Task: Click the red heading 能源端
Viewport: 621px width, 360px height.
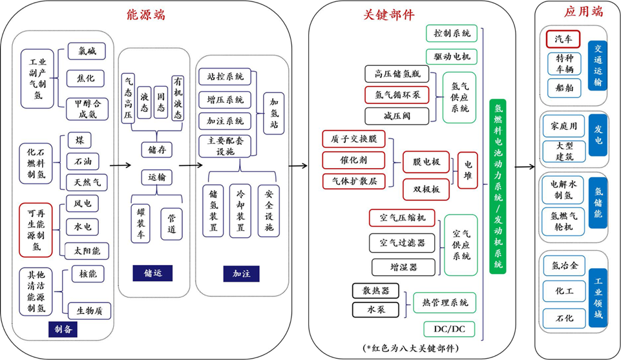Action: click(146, 14)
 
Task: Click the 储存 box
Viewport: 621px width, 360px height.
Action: click(157, 150)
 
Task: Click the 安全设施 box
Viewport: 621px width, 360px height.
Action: click(269, 211)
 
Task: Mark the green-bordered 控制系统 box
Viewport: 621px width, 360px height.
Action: click(451, 33)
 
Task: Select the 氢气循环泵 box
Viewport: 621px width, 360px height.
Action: click(397, 94)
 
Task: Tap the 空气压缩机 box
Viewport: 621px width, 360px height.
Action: click(402, 218)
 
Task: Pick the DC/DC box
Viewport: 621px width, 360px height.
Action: click(450, 329)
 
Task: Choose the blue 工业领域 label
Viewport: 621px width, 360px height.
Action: click(598, 297)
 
